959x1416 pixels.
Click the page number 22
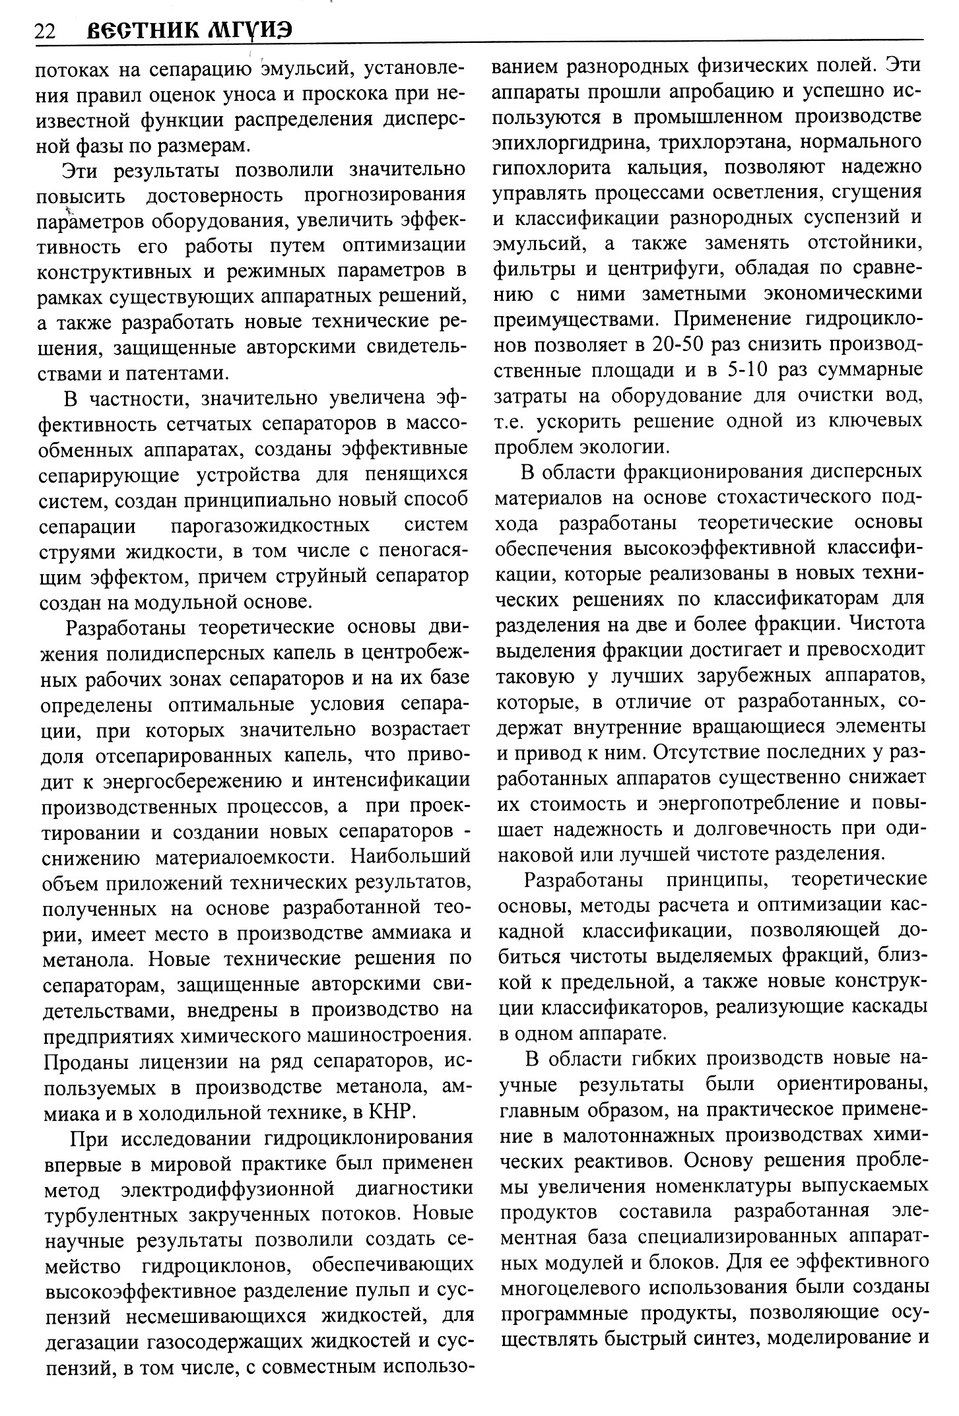pos(45,30)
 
